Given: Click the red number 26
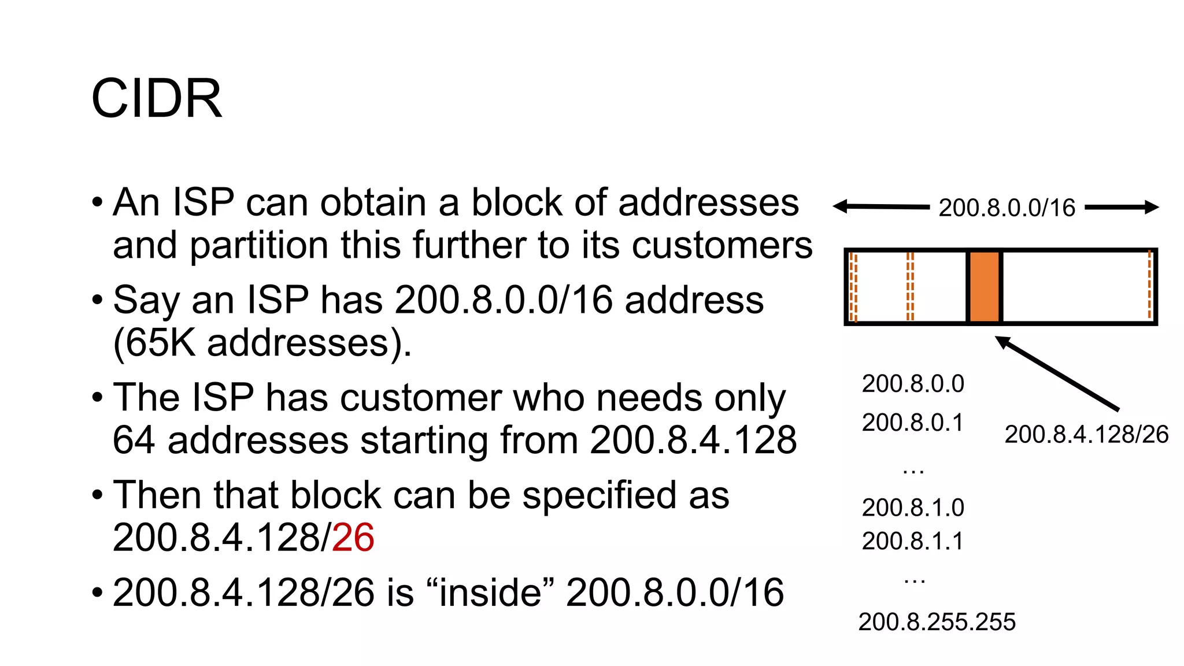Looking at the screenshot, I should pyautogui.click(x=353, y=538).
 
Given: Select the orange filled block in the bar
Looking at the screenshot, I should pyautogui.click(x=984, y=287).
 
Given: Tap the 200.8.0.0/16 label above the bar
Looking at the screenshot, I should pyautogui.click(x=1007, y=208).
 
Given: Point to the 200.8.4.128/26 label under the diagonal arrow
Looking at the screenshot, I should pyautogui.click(x=1086, y=435).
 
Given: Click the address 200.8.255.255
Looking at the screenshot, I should pyautogui.click(x=937, y=622).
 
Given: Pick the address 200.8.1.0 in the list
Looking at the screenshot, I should pyautogui.click(x=913, y=508).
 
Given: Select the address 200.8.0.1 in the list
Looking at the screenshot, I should pyautogui.click(x=913, y=423).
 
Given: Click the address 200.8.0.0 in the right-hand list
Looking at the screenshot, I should pyautogui.click(x=913, y=384).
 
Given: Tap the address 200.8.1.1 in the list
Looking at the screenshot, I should pyautogui.click(x=913, y=541).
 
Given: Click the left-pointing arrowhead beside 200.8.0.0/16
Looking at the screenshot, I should pyautogui.click(x=840, y=206).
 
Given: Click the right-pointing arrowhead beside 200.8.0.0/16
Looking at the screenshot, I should pyautogui.click(x=1152, y=207).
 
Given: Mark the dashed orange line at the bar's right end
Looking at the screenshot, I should pyautogui.click(x=1149, y=286).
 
